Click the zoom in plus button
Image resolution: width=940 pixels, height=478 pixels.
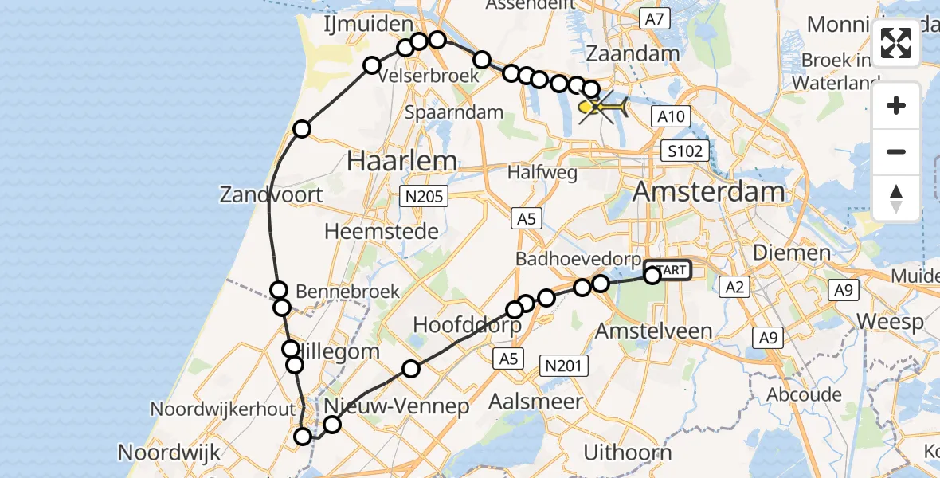point(896,105)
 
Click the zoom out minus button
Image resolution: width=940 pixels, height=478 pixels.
point(896,151)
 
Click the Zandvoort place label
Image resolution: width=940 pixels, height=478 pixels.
point(272,194)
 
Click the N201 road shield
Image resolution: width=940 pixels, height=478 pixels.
point(564,366)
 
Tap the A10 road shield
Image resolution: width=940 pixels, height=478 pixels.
point(670,117)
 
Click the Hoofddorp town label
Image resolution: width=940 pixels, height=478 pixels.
point(467,325)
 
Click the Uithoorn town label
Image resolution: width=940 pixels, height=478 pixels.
point(628,453)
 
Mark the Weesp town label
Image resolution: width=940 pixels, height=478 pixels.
point(890,322)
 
